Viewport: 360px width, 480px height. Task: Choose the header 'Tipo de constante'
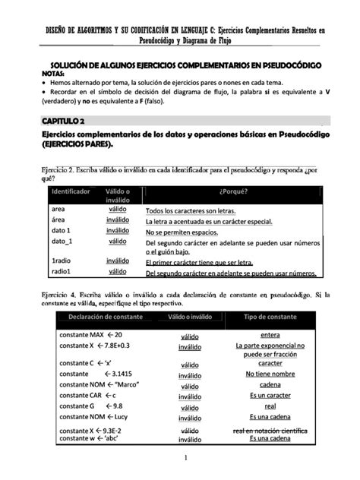[x=270, y=317]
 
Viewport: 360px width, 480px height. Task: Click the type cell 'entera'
[x=270, y=334]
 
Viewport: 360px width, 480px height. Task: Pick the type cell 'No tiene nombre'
[x=270, y=374]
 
